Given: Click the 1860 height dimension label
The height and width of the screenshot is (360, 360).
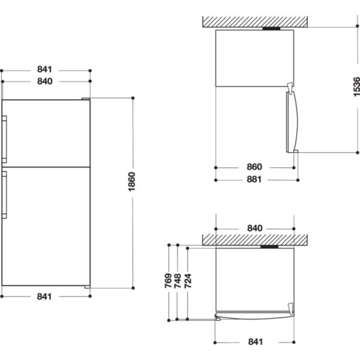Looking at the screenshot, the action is pos(132,182).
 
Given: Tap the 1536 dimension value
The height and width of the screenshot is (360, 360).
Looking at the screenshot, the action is pos(356,87).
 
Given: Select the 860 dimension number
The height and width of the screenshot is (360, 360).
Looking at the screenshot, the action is pos(254,167).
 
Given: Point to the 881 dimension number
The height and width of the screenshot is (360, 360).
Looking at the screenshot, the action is pos(254,179).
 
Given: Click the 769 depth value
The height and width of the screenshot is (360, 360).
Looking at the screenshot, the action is pos(168,281).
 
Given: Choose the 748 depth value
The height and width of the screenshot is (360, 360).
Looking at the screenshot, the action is pos(178,281).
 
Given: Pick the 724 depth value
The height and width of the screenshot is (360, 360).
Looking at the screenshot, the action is pos(188,281).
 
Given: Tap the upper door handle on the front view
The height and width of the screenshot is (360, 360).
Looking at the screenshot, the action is pos(4,139).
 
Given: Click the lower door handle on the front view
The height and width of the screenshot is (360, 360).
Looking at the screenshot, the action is pos(4,194).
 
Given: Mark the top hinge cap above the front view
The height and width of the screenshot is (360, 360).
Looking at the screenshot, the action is pos(86,99).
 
